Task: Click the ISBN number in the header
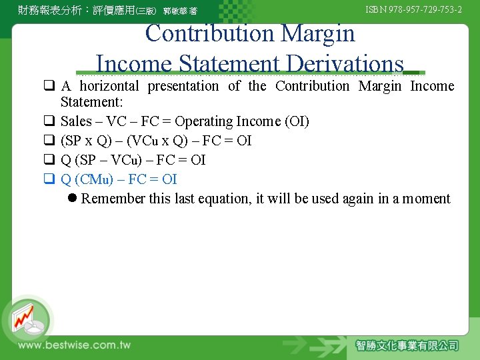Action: (414, 10)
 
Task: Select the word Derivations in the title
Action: (344, 64)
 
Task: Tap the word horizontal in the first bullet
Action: (110, 86)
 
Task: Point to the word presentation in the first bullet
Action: (183, 86)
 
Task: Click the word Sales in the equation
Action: (76, 121)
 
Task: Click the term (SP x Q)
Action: (85, 141)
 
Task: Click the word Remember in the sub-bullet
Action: (113, 199)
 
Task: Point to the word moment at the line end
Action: (427, 199)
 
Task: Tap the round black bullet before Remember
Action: (73, 199)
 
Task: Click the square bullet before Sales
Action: (49, 121)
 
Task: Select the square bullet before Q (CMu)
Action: (49, 179)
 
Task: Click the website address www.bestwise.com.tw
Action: (74, 345)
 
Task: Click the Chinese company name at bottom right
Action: (407, 345)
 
